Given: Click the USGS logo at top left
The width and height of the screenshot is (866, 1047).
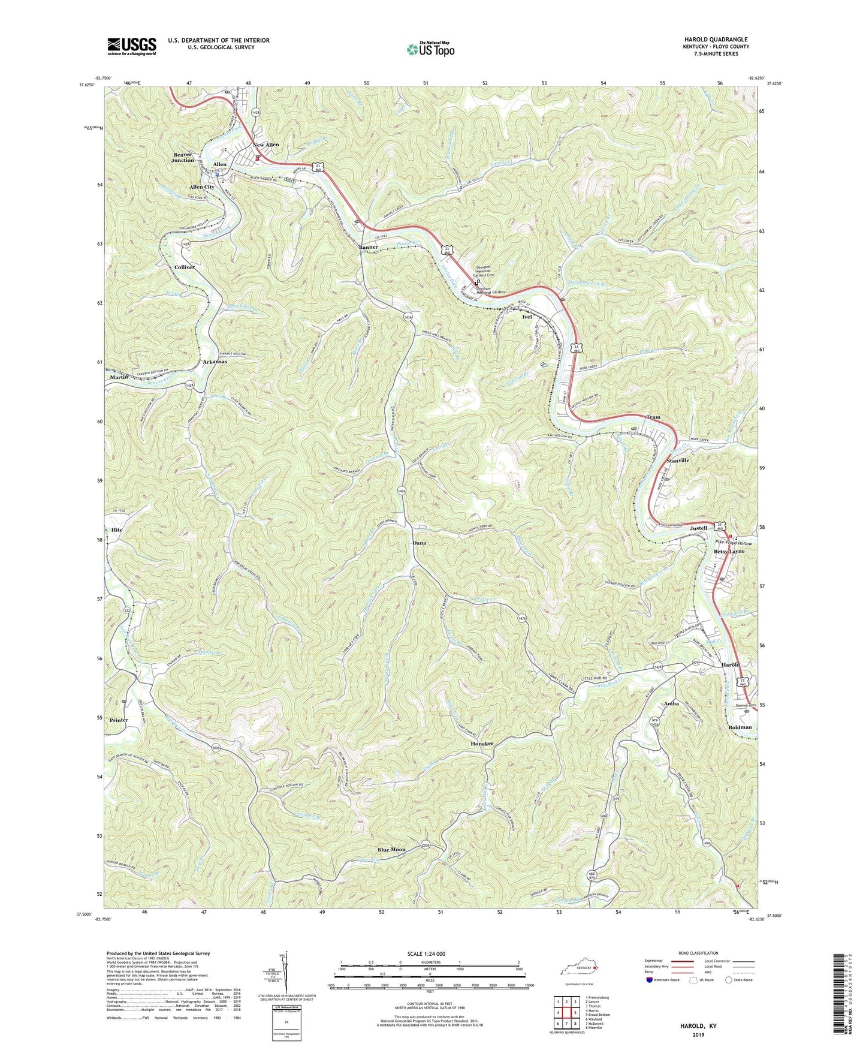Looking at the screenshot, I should [x=132, y=46].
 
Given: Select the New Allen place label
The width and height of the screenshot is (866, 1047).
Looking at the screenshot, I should [x=265, y=145].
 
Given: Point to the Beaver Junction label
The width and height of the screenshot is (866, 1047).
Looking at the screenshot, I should [x=183, y=157].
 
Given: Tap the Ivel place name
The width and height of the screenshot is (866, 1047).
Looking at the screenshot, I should [x=527, y=317].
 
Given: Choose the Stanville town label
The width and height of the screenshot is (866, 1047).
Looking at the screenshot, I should [x=678, y=461].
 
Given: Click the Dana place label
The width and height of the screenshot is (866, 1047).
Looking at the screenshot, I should [x=419, y=543].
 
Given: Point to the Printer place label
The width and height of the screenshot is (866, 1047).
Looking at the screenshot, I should [x=119, y=720].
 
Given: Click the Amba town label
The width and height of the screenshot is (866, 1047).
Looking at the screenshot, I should [x=671, y=703].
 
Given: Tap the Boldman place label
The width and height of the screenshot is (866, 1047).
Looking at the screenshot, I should [x=740, y=727].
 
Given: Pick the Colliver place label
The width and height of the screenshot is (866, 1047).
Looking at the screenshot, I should [x=184, y=267].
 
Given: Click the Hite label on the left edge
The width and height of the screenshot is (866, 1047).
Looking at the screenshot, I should [x=117, y=530].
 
